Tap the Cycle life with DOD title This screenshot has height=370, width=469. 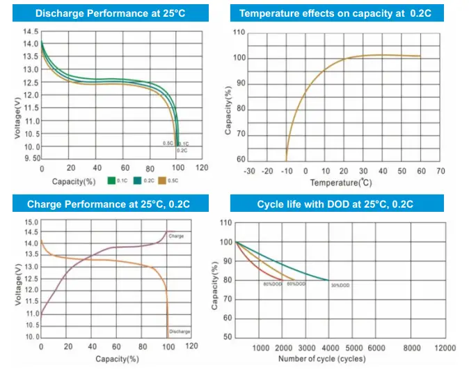tap(335, 204)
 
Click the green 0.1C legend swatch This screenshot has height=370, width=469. tap(110, 181)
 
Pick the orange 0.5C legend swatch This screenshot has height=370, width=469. tap(163, 181)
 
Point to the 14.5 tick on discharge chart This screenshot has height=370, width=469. tap(30, 32)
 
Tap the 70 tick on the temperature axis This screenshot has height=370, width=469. tap(440, 170)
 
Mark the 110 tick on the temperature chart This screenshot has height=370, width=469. tap(239, 33)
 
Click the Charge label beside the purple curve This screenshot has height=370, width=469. tap(176, 236)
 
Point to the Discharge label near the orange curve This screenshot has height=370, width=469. tap(180, 331)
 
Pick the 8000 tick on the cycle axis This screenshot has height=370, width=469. tap(412, 348)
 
